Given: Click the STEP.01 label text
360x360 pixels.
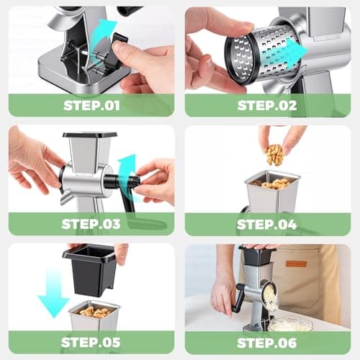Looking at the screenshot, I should [91, 104].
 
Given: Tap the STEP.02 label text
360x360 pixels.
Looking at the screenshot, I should [267, 104].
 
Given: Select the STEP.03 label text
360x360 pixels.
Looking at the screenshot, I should [91, 223].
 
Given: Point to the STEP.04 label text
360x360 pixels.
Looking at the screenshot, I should [267, 224].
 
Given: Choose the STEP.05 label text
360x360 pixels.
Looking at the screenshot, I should [91, 341].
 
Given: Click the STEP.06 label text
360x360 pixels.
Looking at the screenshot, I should [267, 341].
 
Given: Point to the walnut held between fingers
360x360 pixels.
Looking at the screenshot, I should [274, 153].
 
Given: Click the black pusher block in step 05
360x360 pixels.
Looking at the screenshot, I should [91, 270].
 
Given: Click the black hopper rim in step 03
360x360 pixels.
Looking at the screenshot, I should [89, 135].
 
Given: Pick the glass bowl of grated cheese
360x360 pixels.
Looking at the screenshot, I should [289, 324].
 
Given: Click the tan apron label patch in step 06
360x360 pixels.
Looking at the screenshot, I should [295, 264].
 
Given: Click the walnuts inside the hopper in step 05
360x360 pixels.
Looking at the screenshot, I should [94, 312].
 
